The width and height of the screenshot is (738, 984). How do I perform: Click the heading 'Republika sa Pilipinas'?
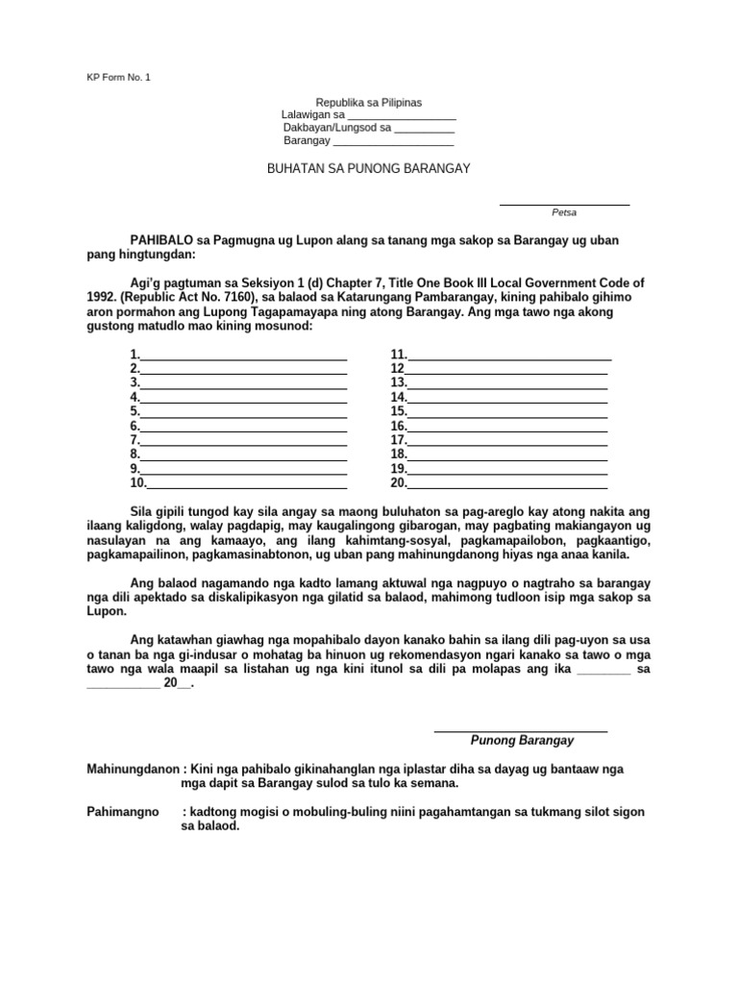tap(369, 102)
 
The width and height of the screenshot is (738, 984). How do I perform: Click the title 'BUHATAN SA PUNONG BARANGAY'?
tap(368, 168)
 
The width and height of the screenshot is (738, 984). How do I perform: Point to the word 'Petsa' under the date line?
tap(564, 211)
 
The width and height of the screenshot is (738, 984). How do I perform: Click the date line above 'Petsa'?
tap(564, 204)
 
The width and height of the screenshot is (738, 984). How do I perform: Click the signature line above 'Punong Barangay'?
tap(521, 731)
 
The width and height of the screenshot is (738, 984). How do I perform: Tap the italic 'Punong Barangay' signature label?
tap(522, 741)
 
